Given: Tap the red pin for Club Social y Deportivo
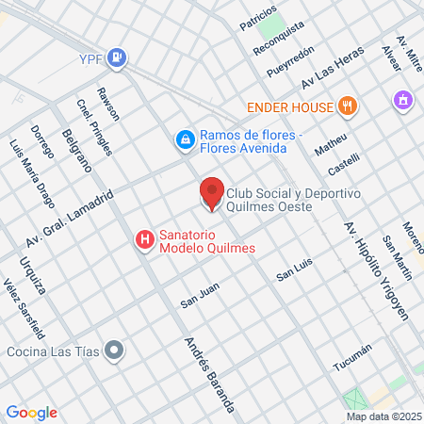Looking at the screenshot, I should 211,194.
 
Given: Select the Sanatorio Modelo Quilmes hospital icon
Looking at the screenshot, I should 144,240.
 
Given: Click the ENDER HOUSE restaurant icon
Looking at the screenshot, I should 348,106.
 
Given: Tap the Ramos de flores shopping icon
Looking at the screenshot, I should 185,140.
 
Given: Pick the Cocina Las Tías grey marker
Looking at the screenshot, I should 114,351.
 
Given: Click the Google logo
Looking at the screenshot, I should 31,412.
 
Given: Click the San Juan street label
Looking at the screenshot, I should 199,299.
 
